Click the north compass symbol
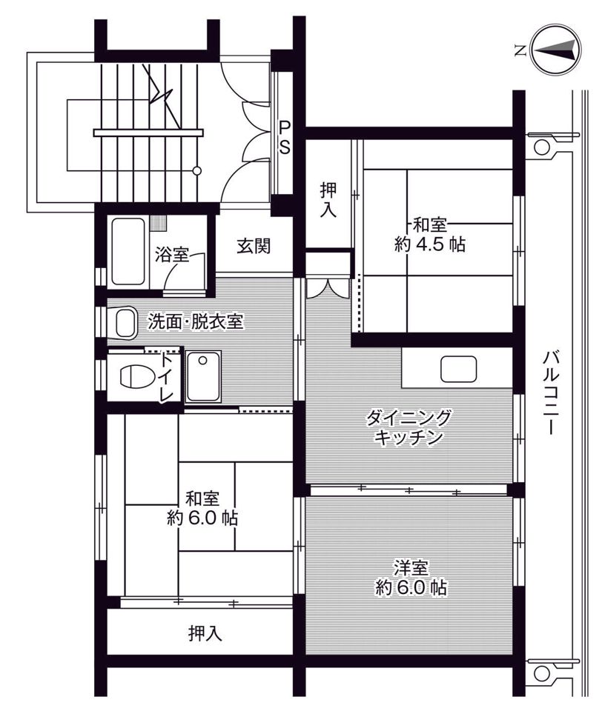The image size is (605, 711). click(552, 50)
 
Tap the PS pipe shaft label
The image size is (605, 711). click(284, 137)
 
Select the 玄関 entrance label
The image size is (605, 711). click(253, 247)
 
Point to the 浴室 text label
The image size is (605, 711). click(171, 256)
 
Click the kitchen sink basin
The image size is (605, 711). click(460, 368)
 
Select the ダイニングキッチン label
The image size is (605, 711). click(408, 427)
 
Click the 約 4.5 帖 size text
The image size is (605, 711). click(430, 245)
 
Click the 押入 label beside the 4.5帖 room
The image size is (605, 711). click(328, 199)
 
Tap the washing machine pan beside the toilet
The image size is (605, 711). click(202, 375)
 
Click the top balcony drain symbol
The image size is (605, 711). click(544, 145)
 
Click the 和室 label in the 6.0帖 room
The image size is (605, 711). click(202, 498)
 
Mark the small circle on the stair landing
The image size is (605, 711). click(197, 171)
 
